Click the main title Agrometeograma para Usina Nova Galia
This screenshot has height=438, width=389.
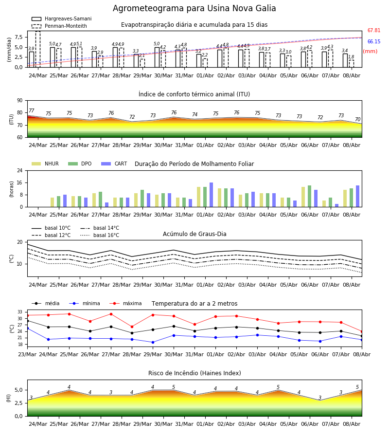[194, 8]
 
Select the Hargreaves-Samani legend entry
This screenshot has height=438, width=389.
[62, 18]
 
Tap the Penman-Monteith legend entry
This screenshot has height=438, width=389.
[59, 26]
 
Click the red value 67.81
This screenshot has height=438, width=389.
[373, 31]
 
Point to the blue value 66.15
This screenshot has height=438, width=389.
[373, 42]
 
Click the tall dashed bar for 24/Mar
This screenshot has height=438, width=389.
[37, 49]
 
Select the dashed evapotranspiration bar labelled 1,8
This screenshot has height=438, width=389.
[352, 64]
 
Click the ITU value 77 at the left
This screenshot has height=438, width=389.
[31, 110]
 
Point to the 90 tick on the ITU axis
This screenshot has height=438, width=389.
[20, 101]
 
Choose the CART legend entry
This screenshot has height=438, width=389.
[114, 164]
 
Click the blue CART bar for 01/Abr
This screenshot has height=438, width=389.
[211, 195]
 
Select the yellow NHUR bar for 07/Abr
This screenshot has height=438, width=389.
[324, 203]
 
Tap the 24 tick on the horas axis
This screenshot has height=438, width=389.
[20, 170]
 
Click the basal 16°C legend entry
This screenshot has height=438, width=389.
[100, 235]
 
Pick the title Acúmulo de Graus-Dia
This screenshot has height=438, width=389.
[194, 234]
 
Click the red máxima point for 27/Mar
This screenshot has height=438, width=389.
[111, 314]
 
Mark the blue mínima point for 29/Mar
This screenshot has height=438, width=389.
[153, 342]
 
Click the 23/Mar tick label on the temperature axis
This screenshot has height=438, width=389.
[27, 354]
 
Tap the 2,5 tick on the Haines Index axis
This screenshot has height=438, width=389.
[19, 403]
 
